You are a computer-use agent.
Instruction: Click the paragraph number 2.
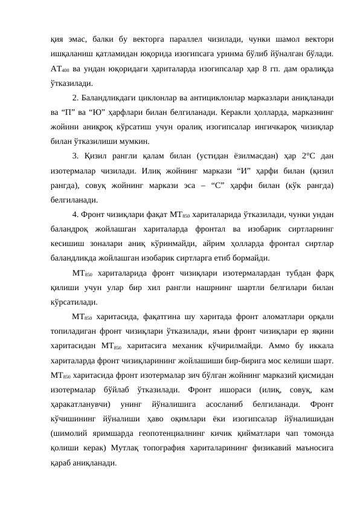(74, 98)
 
